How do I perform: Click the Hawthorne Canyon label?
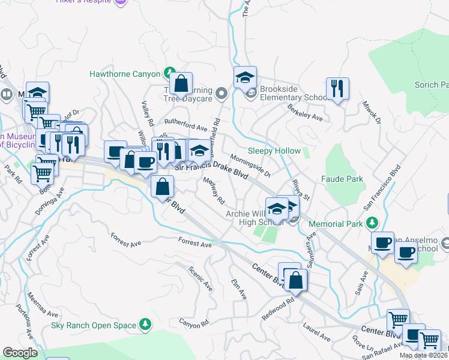124,74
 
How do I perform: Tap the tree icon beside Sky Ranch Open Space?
145,325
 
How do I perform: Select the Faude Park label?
342,179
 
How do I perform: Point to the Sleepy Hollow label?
274,151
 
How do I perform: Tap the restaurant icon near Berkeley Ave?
338,89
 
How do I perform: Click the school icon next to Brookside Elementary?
245,78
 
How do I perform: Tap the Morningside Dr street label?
250,167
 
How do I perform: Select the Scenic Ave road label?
200,278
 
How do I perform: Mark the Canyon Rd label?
193,322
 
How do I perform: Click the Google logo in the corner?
20,352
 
